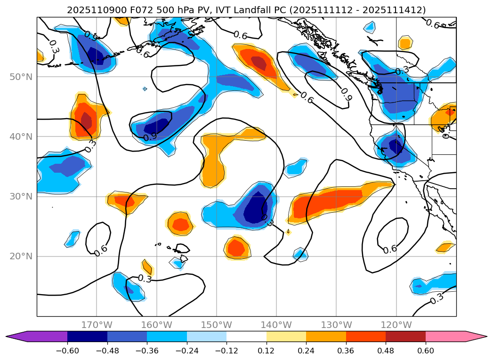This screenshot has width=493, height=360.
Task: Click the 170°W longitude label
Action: pyautogui.click(x=97, y=325)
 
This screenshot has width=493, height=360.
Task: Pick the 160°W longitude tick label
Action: pyautogui.click(x=156, y=325)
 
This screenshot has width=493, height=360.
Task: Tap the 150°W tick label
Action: pyautogui.click(x=216, y=325)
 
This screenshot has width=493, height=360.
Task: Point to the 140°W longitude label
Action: pyautogui.click(x=276, y=325)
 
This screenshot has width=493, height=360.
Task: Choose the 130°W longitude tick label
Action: pyautogui.click(x=336, y=325)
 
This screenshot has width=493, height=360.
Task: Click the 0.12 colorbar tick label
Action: pyautogui.click(x=267, y=351)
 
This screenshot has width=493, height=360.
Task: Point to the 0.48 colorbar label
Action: pyautogui.click(x=386, y=351)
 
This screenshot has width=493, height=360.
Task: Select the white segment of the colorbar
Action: pyautogui.click(x=246, y=336)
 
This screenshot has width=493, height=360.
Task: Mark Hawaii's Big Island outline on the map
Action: pyautogui.click(x=184, y=258)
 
